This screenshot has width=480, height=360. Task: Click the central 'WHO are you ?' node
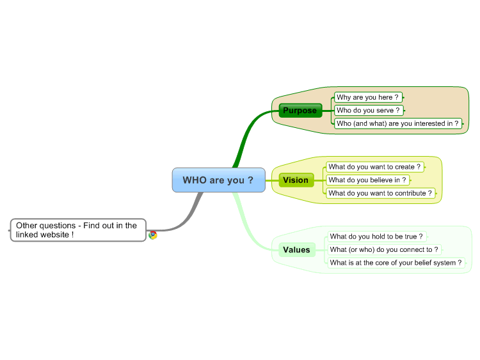(x=219, y=180)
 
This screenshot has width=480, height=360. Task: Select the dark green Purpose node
(x=300, y=111)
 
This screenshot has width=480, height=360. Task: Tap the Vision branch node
(x=296, y=180)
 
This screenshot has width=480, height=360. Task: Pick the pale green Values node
(x=297, y=250)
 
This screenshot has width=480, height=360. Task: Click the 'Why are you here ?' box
(x=368, y=97)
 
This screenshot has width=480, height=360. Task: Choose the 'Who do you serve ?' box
(x=369, y=111)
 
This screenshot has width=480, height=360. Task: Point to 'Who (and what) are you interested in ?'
(x=398, y=123)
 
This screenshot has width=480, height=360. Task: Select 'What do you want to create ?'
(x=375, y=167)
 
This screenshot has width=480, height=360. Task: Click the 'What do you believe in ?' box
(x=367, y=180)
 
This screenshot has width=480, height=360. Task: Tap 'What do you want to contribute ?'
(x=381, y=193)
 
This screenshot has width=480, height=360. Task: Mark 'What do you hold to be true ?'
(x=377, y=237)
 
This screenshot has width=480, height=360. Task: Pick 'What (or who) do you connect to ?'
(x=385, y=249)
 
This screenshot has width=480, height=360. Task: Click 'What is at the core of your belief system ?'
(x=396, y=263)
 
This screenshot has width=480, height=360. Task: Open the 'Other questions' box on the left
(x=78, y=230)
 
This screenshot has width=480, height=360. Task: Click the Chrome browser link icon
(x=153, y=235)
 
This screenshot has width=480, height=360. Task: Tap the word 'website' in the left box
(x=55, y=235)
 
